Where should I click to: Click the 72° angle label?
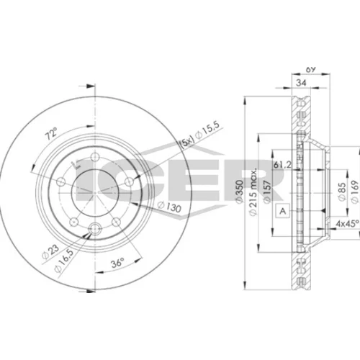(x=52, y=134)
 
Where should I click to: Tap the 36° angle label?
(x=117, y=263)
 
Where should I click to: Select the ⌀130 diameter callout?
(x=169, y=207)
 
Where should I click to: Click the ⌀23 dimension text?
(x=50, y=252)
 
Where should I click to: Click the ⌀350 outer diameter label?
(x=239, y=192)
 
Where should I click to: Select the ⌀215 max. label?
(x=253, y=192)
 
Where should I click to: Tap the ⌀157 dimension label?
(x=267, y=192)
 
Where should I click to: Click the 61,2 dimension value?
(x=282, y=165)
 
